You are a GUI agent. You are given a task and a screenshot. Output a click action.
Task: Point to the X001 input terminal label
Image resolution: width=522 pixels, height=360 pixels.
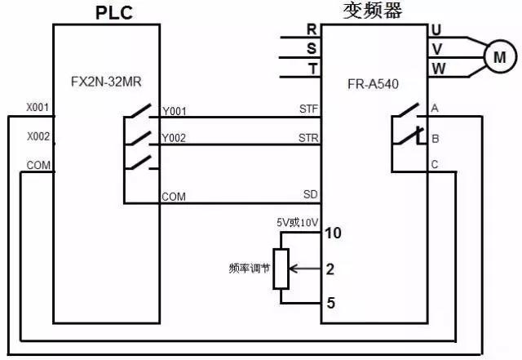(x=38, y=107)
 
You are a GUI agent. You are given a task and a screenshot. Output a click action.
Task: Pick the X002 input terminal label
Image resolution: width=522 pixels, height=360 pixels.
(x=38, y=136)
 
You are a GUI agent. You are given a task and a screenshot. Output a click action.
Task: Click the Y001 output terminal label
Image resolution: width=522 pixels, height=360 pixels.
(x=175, y=110)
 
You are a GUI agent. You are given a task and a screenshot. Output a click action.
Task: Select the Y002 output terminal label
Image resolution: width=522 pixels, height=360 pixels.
(x=175, y=139)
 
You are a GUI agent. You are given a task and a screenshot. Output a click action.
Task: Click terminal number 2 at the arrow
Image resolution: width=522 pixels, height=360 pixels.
(x=330, y=269)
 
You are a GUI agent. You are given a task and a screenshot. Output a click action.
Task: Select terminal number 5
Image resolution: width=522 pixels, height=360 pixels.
(x=331, y=304)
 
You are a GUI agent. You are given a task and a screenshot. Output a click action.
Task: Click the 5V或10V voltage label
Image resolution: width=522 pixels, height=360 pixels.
(x=297, y=220)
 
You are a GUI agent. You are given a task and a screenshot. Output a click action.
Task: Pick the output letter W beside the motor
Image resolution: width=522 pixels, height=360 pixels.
(x=438, y=69)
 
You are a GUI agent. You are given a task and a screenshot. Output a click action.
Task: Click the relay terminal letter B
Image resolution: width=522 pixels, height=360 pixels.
(x=435, y=137)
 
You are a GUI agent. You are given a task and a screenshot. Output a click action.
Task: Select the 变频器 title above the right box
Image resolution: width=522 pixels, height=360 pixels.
(x=373, y=11)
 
